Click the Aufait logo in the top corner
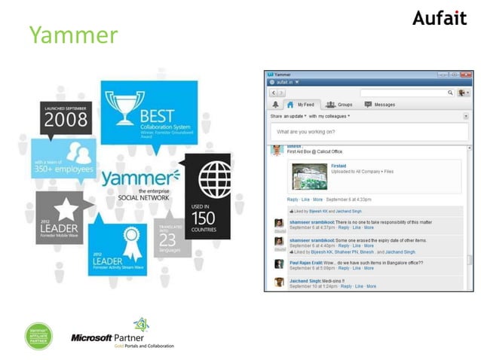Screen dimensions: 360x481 pyautogui.click(x=440, y=17)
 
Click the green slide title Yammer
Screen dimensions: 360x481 pyautogui.click(x=74, y=35)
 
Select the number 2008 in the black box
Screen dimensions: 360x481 pyautogui.click(x=66, y=119)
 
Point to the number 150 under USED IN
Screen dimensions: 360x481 pyautogui.click(x=202, y=218)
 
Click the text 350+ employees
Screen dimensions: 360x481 pyautogui.click(x=63, y=169)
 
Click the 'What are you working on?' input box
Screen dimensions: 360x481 pyautogui.click(x=369, y=132)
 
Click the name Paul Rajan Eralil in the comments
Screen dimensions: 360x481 pyautogui.click(x=305, y=263)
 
